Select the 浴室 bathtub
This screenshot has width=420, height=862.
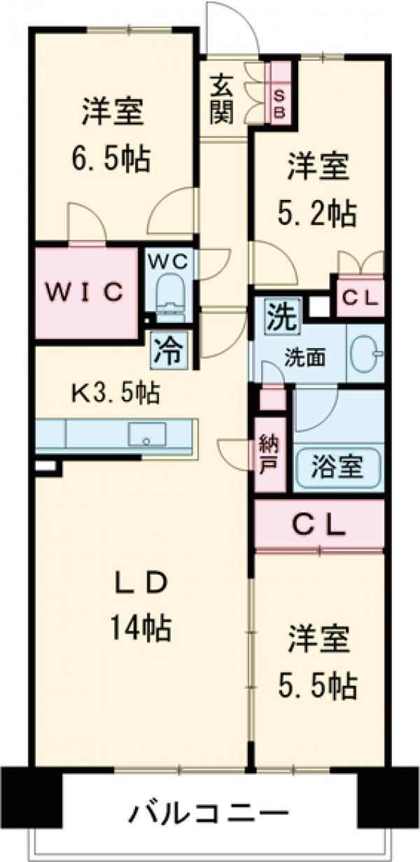click(338, 467)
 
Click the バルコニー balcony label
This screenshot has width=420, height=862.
click(209, 814)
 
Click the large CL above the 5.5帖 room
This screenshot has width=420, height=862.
click(318, 524)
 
